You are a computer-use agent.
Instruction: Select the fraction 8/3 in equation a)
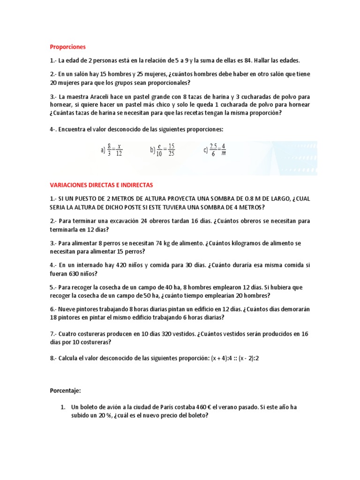(x=109, y=150)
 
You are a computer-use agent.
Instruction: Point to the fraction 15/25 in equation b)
(x=171, y=150)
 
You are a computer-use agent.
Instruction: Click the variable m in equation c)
(x=223, y=154)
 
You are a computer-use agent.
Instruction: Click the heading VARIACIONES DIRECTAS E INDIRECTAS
(x=101, y=185)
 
